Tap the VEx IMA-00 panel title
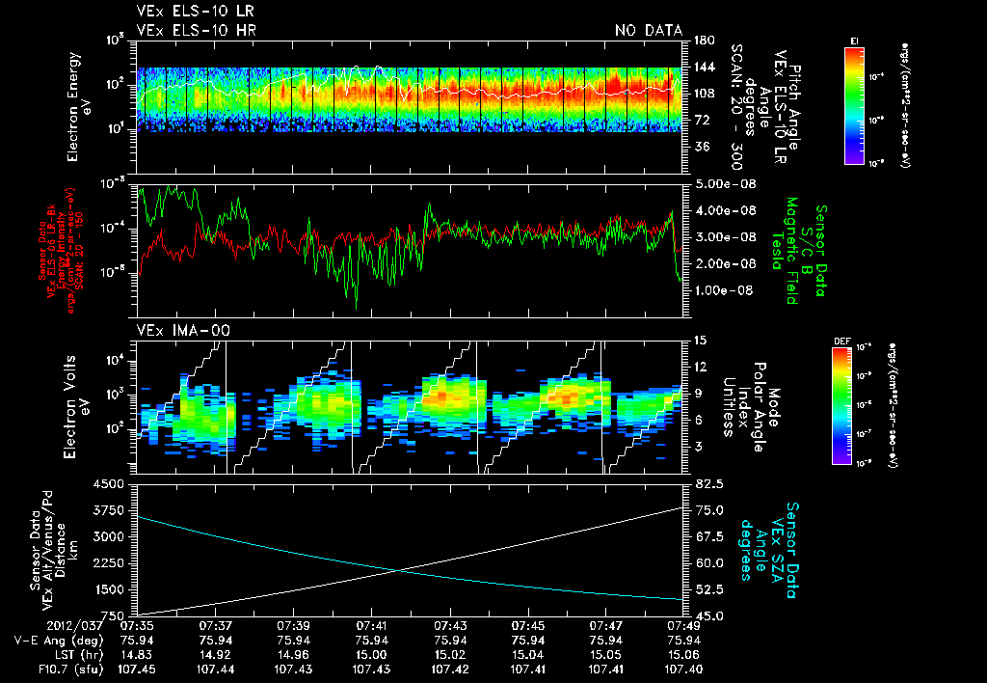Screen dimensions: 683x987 172,331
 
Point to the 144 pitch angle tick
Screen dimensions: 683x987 703,68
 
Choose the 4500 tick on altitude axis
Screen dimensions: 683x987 116,484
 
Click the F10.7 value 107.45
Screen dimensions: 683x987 137,669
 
